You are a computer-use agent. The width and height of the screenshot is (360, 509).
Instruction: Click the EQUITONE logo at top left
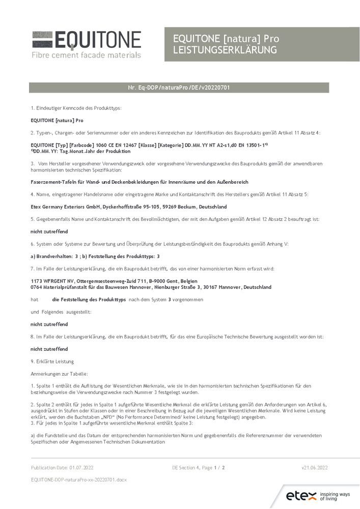[86, 39]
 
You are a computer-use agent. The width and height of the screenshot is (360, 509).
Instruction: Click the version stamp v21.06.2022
[315, 467]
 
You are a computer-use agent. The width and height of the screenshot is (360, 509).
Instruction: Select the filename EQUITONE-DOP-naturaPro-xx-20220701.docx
[78, 480]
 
